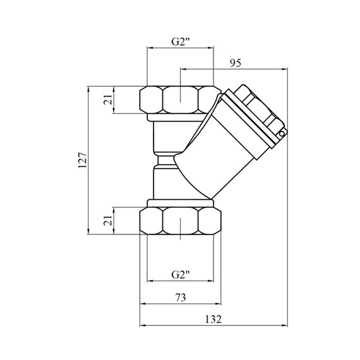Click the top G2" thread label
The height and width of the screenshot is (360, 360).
[181, 42]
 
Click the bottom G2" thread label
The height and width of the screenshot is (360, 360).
[181, 275]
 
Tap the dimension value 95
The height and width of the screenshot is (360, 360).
[236, 63]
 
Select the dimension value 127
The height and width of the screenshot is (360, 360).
[83, 160]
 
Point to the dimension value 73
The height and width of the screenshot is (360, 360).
[181, 297]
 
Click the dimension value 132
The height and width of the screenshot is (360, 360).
[213, 320]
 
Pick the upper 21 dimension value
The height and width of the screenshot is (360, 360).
[108, 99]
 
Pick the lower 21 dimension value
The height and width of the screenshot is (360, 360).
[108, 220]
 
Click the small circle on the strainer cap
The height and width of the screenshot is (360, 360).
[282, 134]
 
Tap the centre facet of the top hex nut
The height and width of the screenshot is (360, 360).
[180, 100]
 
